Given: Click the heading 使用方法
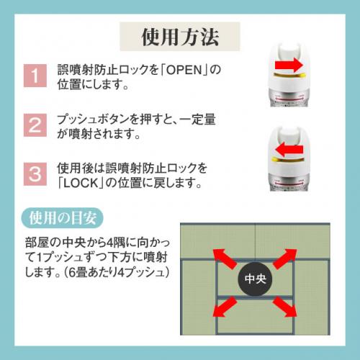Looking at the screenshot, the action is (x=180, y=37).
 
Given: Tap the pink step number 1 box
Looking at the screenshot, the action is (x=35, y=76).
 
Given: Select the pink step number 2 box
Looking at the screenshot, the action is (x=35, y=125).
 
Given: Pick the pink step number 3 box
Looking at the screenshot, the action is (x=35, y=174).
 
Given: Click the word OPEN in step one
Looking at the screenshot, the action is (x=184, y=70).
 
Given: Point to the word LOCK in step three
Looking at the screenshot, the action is (x=81, y=183).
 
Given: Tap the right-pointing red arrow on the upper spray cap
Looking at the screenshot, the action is (x=289, y=65).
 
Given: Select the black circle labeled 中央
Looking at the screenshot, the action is (x=256, y=279).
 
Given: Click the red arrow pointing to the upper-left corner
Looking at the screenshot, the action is (x=225, y=258).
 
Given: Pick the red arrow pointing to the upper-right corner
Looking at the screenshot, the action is (x=285, y=258).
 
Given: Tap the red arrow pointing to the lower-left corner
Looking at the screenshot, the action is (x=225, y=306).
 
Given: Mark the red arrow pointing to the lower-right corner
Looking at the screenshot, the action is (x=285, y=306).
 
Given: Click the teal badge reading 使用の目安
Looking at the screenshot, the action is (x=63, y=218).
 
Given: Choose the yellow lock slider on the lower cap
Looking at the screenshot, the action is (x=287, y=159).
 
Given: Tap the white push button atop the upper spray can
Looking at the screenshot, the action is (x=289, y=51).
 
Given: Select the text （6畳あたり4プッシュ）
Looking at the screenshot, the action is (x=117, y=272).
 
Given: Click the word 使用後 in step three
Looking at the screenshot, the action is (x=75, y=168).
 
